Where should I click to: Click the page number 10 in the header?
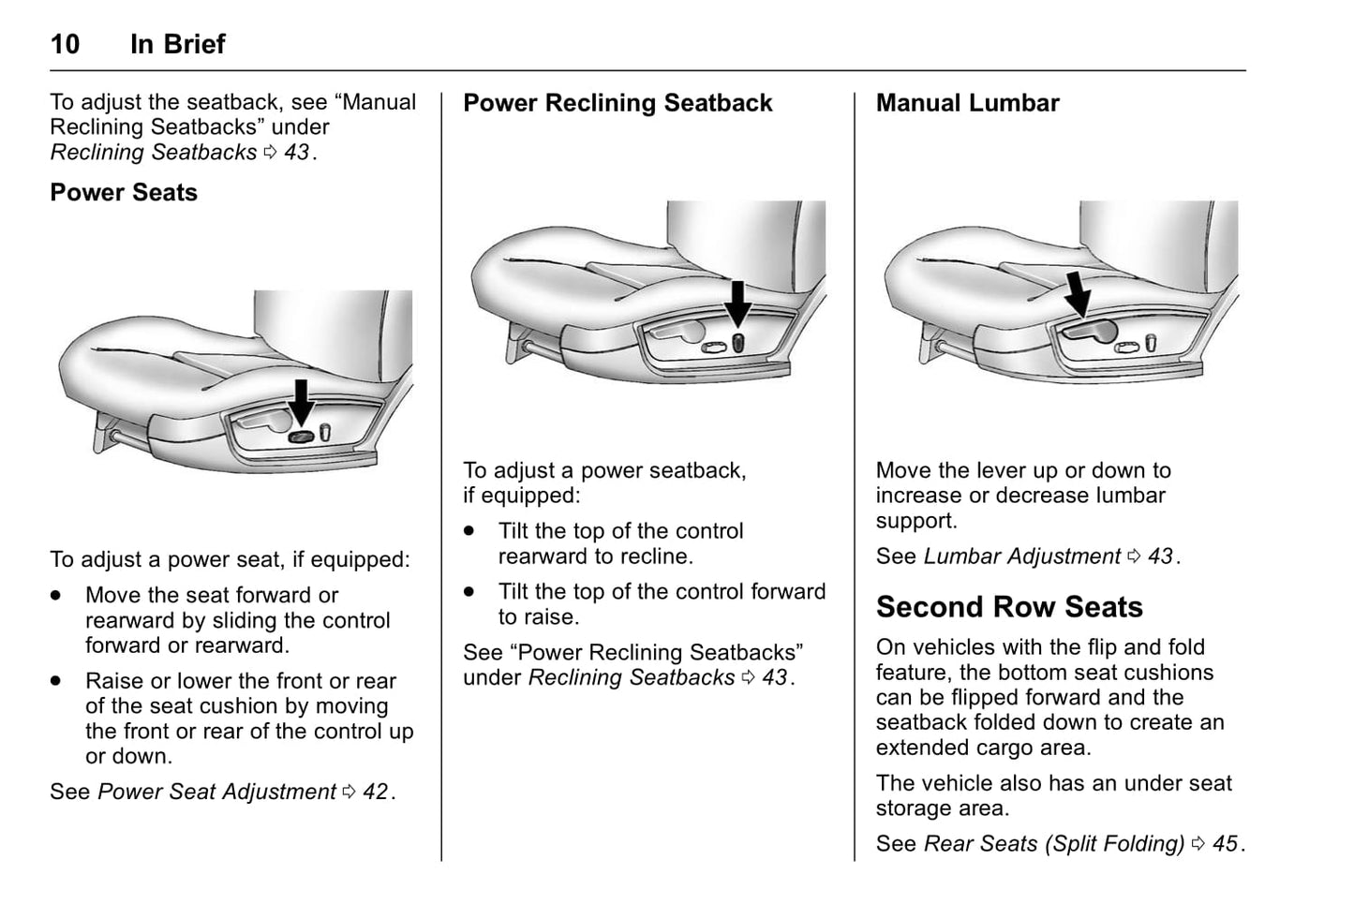pyautogui.click(x=65, y=44)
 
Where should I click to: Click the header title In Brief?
pyautogui.click(x=177, y=44)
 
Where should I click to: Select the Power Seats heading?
pyautogui.click(x=124, y=193)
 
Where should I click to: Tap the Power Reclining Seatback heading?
pyautogui.click(x=617, y=103)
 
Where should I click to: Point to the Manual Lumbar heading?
pyautogui.click(x=967, y=103)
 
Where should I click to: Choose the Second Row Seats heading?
pyautogui.click(x=1009, y=607)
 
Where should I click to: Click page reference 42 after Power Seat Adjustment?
pyautogui.click(x=375, y=792)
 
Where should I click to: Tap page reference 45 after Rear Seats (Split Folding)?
pyautogui.click(x=1225, y=843)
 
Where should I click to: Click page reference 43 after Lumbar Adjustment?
pyautogui.click(x=1160, y=556)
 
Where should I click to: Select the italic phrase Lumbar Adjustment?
pyautogui.click(x=1021, y=556)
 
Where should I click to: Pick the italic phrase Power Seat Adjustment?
pyautogui.click(x=216, y=792)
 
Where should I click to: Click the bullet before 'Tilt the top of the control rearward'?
pyautogui.click(x=469, y=531)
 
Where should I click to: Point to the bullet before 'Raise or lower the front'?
pyautogui.click(x=56, y=681)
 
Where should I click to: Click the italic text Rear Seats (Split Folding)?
pyautogui.click(x=1054, y=843)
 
